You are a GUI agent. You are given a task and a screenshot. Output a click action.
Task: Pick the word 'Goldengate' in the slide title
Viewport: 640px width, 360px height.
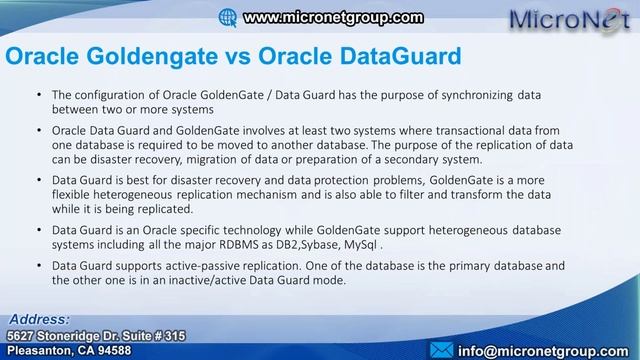(166, 58)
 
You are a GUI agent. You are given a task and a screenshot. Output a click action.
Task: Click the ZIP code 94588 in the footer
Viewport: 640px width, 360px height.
(106, 350)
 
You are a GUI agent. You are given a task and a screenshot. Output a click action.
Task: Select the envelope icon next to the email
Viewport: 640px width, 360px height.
(440, 349)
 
